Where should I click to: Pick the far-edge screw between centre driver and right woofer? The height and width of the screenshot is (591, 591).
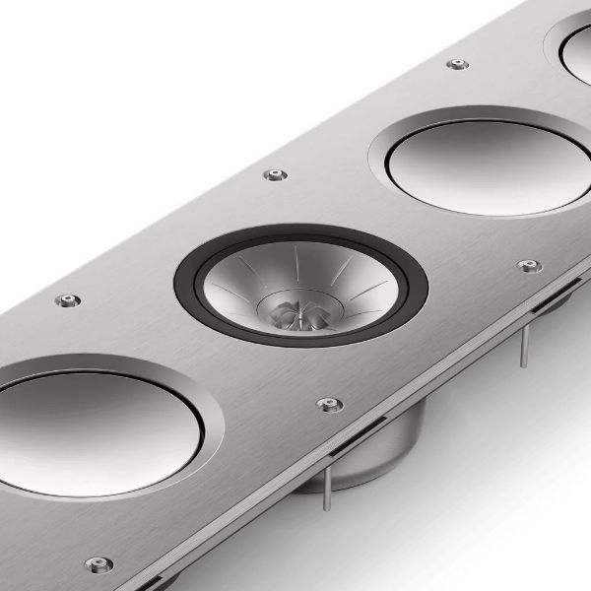tap(276, 175)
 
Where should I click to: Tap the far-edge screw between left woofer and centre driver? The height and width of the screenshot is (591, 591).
tap(67, 299)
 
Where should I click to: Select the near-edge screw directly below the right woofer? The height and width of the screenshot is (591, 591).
tap(529, 266)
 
